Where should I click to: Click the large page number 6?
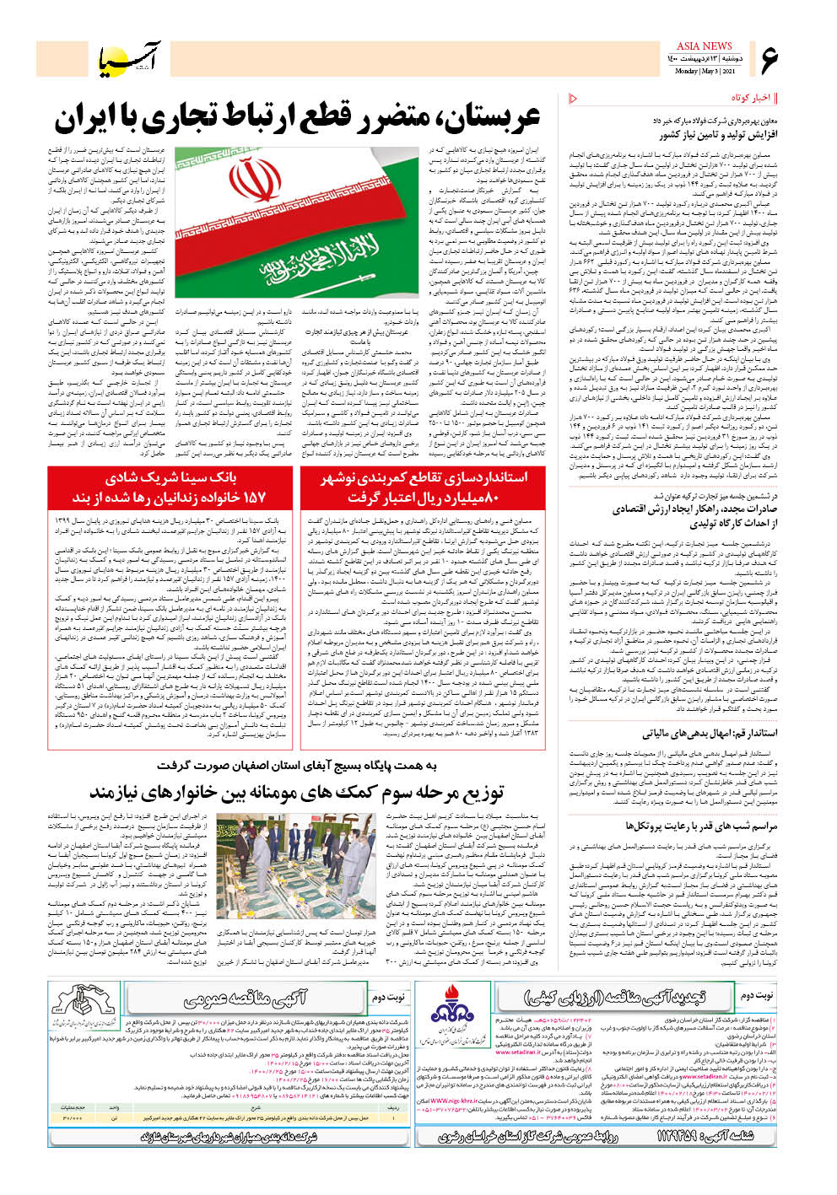pyautogui.click(x=769, y=59)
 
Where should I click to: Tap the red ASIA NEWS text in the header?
pyautogui.click(x=704, y=46)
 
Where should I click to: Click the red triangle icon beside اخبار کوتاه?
pyautogui.click(x=574, y=99)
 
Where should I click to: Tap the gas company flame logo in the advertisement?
pyautogui.click(x=452, y=1013)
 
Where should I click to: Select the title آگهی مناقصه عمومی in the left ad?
pyautogui.click(x=245, y=999)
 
